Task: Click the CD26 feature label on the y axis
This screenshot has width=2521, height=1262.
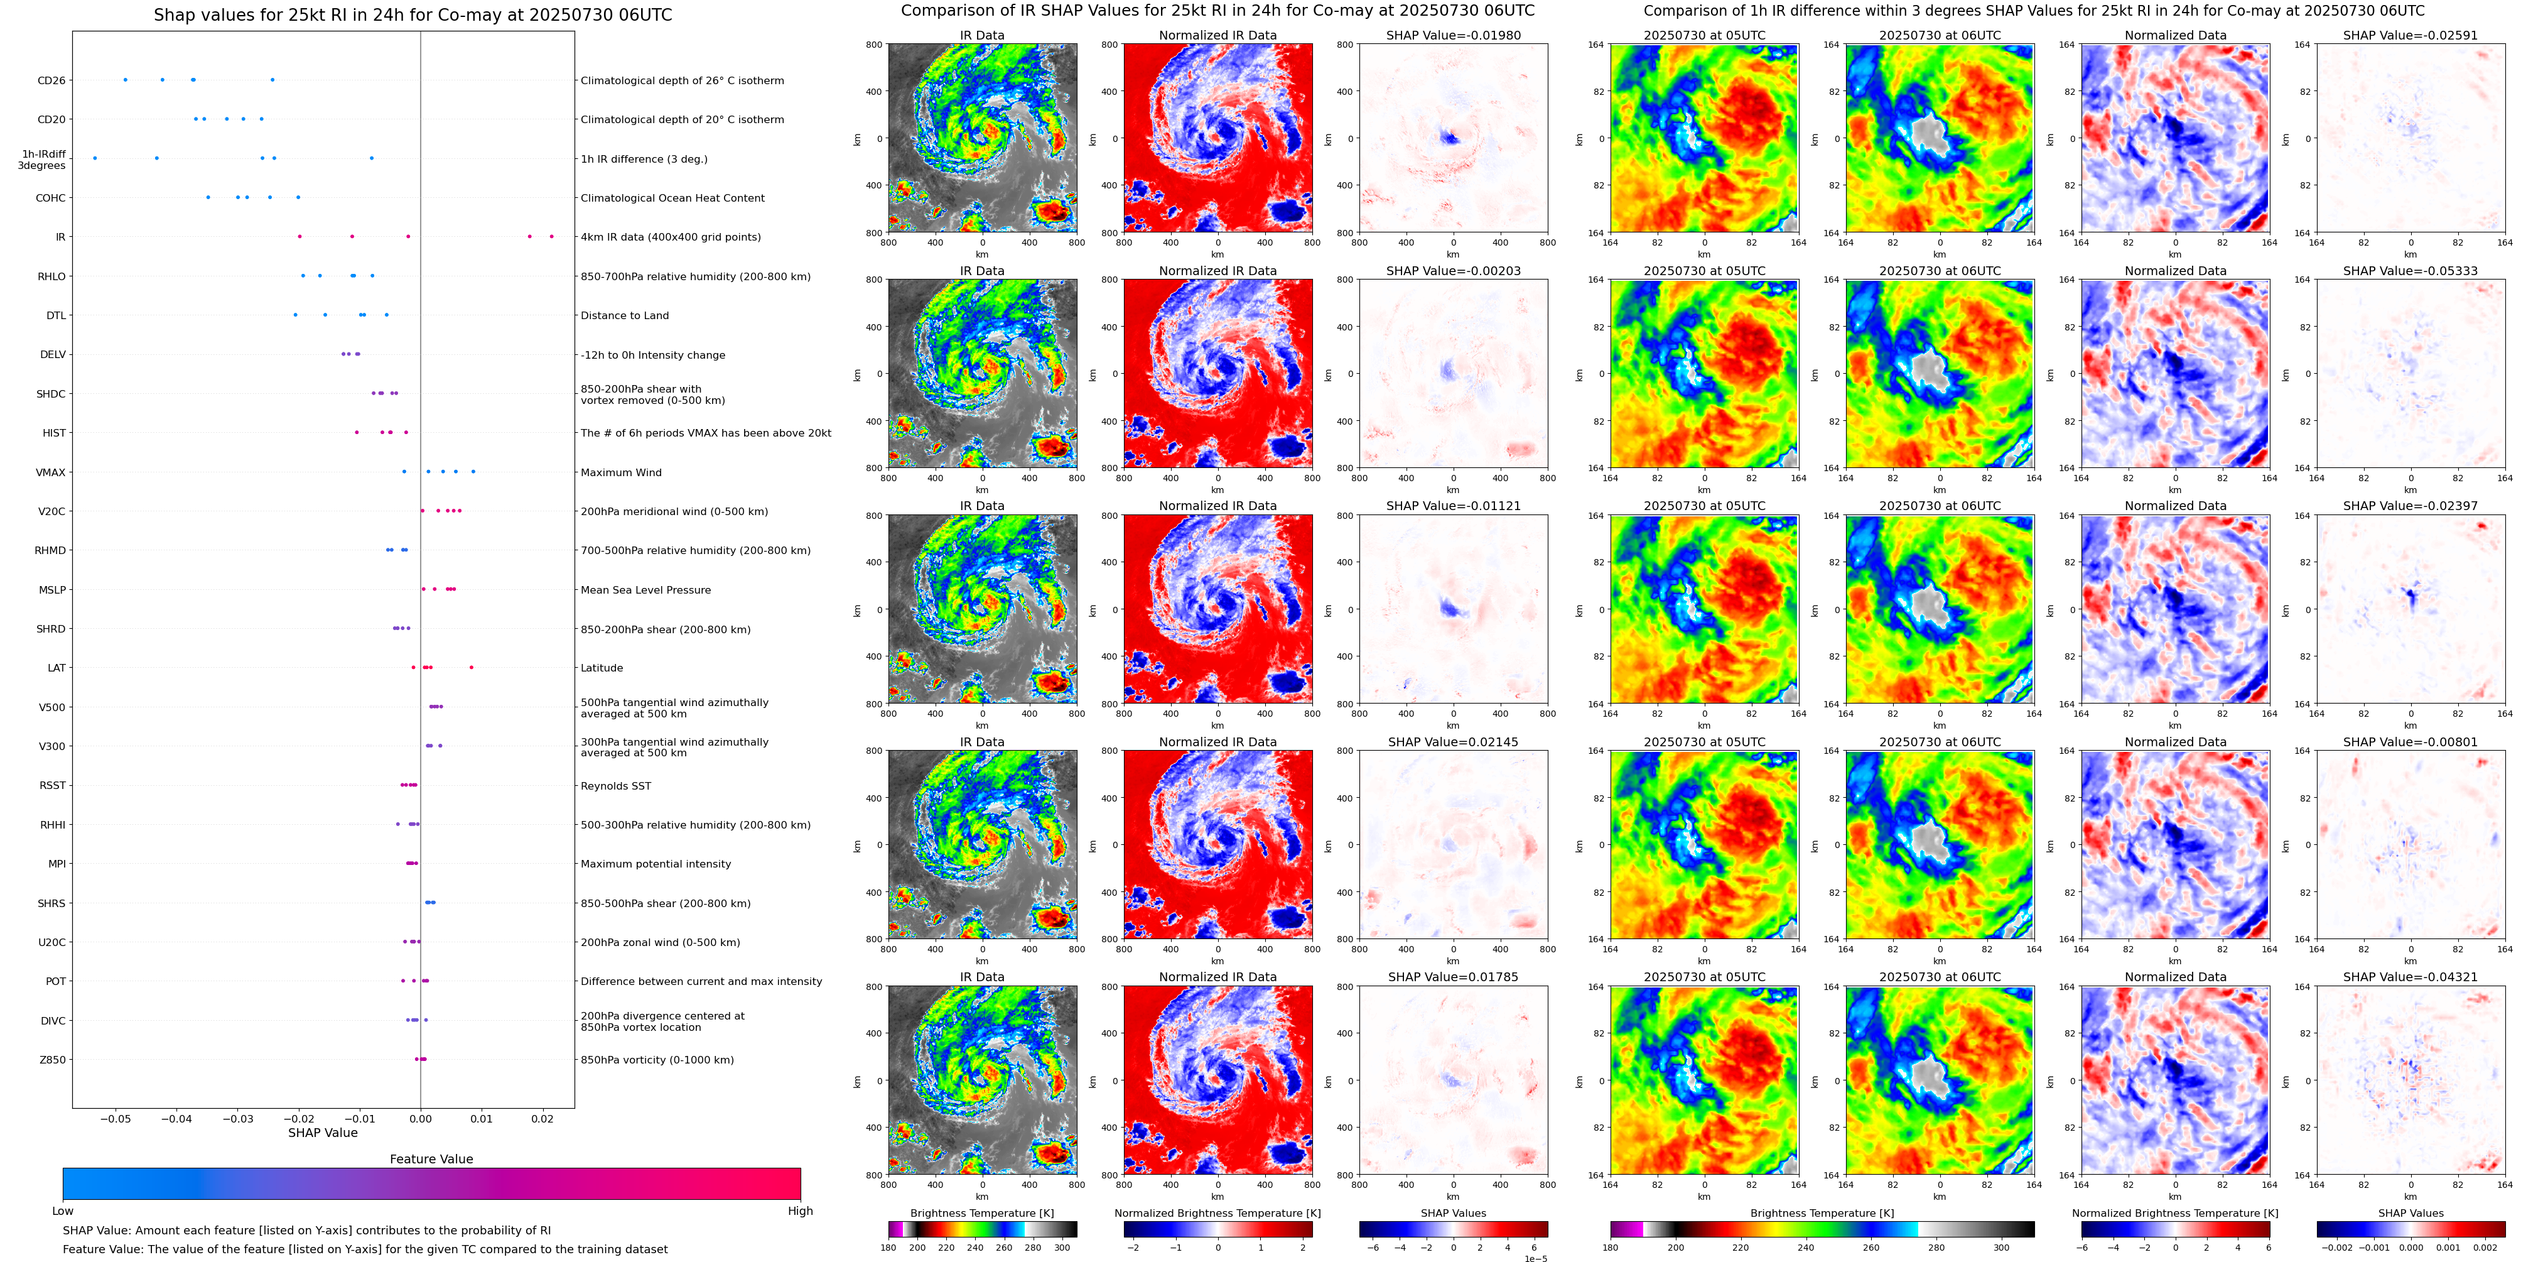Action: (x=51, y=80)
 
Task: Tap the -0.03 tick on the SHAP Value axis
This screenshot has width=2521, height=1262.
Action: (x=238, y=1118)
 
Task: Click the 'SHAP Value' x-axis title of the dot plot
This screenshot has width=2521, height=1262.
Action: (x=322, y=1133)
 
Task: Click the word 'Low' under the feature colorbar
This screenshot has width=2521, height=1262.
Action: (x=63, y=1211)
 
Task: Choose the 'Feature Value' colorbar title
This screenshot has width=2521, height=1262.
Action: (x=431, y=1159)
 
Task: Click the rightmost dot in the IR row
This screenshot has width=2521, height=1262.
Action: (x=551, y=236)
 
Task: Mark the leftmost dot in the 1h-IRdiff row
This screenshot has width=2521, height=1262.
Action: (x=95, y=158)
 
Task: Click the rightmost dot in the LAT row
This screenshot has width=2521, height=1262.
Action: (x=472, y=668)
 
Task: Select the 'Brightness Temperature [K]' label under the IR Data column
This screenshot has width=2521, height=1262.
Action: (x=981, y=1213)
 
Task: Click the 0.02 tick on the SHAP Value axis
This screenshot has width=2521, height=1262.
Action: (x=542, y=1118)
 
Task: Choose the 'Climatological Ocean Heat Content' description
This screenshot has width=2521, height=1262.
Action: (x=672, y=198)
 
